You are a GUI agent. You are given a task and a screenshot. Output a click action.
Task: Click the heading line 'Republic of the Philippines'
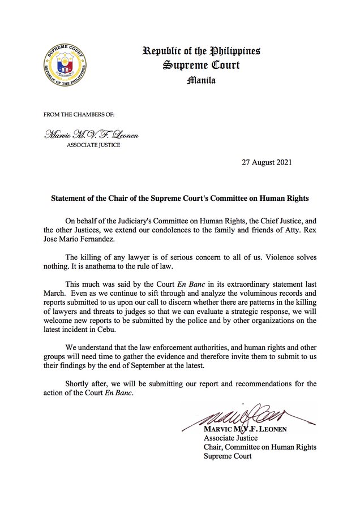tap(201, 52)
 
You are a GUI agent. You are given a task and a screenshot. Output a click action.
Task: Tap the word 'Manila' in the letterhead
tap(201, 80)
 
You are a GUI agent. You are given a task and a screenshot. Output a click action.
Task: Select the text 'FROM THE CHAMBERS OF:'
tap(79, 114)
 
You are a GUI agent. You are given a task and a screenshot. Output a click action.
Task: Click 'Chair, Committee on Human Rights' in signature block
tap(259, 447)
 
